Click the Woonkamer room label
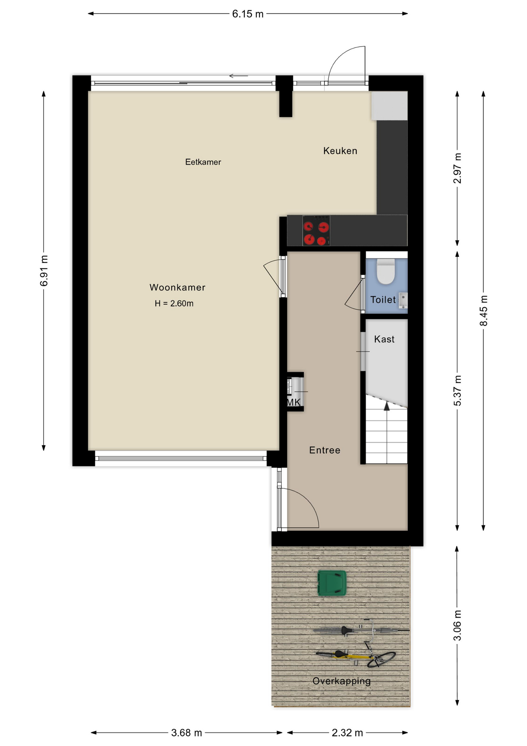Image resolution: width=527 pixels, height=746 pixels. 177,288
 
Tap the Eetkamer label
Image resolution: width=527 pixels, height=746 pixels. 203,162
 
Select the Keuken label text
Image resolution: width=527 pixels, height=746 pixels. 340,151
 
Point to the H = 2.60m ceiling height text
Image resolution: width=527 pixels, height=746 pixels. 174,303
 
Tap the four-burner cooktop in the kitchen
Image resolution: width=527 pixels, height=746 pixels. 316,230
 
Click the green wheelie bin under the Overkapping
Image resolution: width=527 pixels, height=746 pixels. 332,583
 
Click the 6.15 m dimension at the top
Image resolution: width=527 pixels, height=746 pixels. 248,14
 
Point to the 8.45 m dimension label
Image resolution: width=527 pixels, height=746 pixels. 484,311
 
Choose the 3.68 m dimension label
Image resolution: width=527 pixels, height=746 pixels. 187,733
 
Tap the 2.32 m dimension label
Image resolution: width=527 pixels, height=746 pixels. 347,733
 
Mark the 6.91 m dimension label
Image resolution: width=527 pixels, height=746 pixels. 44,271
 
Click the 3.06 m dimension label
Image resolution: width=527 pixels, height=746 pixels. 457,626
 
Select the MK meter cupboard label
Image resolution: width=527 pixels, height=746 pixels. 293,402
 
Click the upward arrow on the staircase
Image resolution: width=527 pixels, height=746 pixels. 387,406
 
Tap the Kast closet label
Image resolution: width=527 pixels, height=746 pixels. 384,339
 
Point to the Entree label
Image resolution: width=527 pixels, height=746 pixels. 325,450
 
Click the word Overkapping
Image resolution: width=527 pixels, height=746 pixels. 342,681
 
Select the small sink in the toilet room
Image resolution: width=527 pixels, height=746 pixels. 403,300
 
